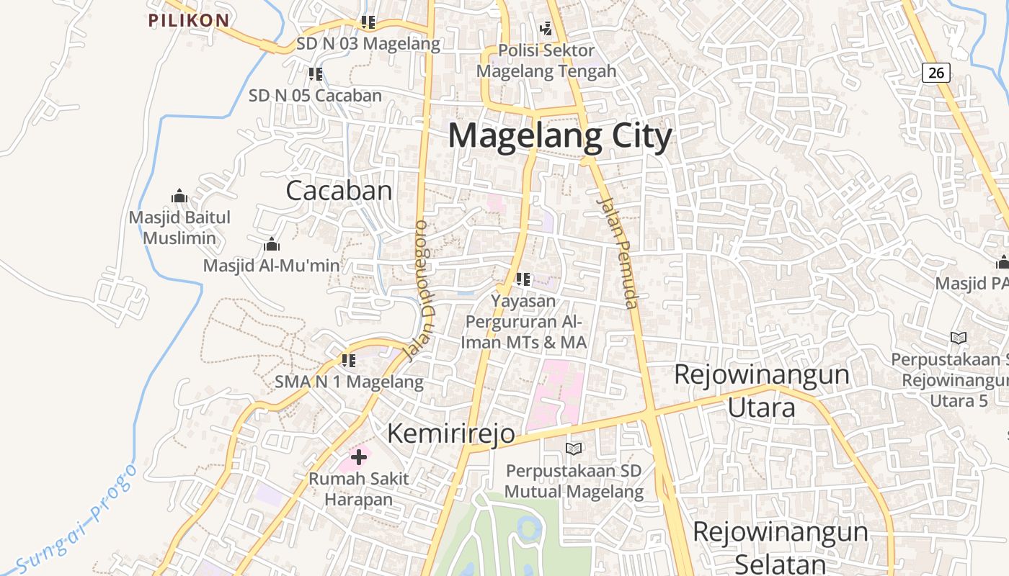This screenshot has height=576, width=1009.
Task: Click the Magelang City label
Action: [560, 136]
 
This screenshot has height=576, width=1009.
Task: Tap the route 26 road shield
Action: [935, 72]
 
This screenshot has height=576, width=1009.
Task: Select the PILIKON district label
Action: [189, 20]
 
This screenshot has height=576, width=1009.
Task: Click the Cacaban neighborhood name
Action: [339, 191]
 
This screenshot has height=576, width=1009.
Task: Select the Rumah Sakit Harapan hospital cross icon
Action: [359, 457]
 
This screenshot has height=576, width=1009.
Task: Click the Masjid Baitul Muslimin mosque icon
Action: [179, 196]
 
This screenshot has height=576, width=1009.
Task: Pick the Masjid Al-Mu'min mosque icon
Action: [272, 244]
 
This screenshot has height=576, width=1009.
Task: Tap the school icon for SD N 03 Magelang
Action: [368, 22]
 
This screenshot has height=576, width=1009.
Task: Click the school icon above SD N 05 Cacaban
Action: [315, 73]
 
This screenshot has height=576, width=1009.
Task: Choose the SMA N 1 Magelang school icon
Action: [349, 360]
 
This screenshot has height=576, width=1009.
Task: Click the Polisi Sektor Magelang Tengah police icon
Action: [546, 29]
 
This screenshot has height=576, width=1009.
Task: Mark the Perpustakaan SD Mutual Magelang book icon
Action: [574, 449]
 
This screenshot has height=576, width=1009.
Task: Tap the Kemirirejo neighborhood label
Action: [451, 433]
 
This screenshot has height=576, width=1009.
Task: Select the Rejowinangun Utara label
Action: [762, 391]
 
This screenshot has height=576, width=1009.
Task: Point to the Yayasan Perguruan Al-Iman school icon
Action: [523, 279]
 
